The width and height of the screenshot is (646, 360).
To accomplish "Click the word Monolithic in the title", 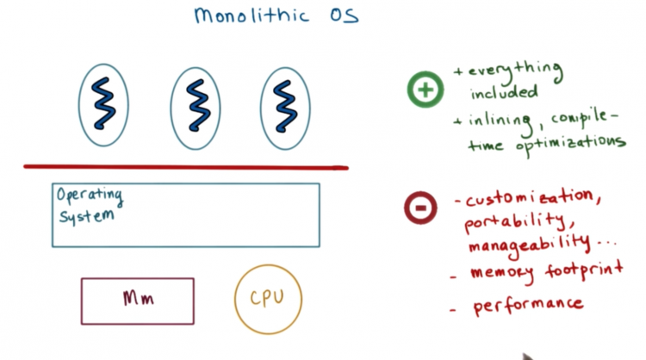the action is [252, 16].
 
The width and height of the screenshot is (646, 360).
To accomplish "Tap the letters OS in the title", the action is [344, 16].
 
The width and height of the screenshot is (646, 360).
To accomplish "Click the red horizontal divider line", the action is [186, 167].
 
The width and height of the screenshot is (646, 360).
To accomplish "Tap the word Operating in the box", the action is [90, 196].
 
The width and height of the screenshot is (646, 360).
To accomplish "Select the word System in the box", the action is [86, 216].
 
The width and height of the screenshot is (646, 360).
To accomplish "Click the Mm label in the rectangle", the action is [139, 298].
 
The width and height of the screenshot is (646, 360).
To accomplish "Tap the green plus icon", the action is [425, 90].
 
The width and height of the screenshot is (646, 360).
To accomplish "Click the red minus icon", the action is [420, 208].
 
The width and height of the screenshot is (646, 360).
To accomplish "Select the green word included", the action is [504, 92].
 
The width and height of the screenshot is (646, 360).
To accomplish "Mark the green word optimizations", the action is [571, 144].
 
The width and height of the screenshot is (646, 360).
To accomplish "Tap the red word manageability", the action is [529, 245].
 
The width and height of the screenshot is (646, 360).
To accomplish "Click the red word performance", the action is [528, 306].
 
